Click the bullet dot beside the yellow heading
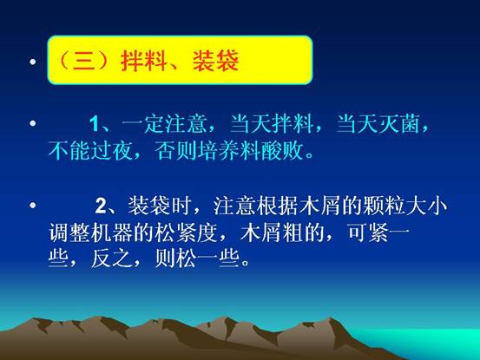click(33, 62)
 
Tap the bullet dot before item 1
click(33, 123)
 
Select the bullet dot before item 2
click(33, 205)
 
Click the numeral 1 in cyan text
click(95, 124)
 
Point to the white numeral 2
click(101, 206)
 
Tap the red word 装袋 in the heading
click(216, 60)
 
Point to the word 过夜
click(112, 151)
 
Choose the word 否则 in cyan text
click(175, 151)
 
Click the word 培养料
click(228, 151)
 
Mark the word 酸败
click(281, 151)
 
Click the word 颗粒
click(384, 206)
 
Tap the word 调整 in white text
click(69, 233)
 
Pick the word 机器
click(112, 233)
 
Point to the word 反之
click(112, 259)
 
